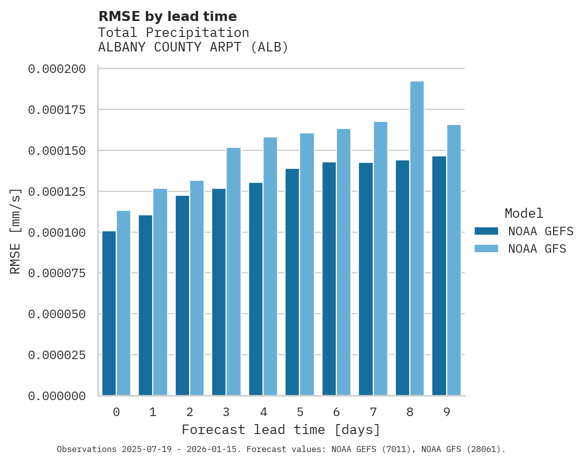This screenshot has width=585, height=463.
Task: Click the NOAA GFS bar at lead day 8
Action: point(417,238)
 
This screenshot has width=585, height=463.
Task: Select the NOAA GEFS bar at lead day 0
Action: point(109,313)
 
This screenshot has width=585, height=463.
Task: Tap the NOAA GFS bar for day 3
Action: point(234,271)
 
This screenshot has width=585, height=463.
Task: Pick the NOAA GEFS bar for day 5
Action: point(292,282)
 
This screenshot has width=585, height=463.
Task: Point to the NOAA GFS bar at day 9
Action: point(454,260)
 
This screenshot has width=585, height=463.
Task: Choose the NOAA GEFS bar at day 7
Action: point(366,279)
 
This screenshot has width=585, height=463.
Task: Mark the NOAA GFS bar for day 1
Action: point(160,292)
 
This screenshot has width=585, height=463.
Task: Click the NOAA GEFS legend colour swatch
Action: point(486,231)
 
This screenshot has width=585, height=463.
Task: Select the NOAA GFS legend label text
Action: point(537,249)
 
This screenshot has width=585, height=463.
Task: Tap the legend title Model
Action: point(524,213)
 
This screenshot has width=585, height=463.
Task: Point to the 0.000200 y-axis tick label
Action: point(56,69)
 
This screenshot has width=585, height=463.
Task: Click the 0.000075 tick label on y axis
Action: point(56,273)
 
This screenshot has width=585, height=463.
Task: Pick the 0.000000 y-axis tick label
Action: point(56,396)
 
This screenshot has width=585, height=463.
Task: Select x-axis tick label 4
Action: point(263,412)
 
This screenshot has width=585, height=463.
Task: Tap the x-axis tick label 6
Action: point(336,412)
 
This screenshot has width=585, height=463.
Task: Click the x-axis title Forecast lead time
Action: point(281,430)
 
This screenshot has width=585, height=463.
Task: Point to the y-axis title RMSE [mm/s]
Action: point(15,231)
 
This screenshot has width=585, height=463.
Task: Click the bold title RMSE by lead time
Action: point(167,16)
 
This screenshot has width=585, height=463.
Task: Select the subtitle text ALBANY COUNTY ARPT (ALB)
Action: point(193,47)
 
